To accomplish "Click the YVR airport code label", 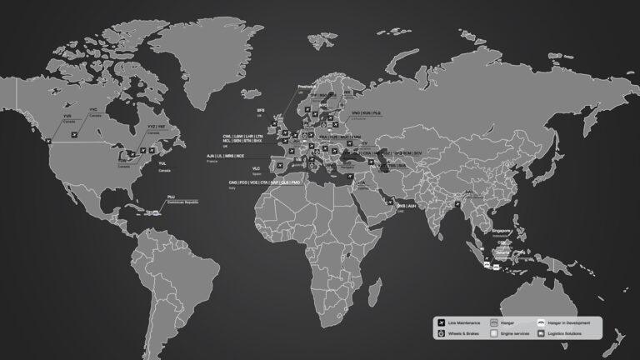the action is (67, 117).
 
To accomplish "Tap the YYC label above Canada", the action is (93, 109).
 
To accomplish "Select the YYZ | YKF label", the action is (157, 127).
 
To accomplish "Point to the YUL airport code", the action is (162, 163).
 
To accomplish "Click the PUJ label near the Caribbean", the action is (172, 197).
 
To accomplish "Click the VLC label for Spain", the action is (244, 168).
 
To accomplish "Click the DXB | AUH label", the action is (406, 205).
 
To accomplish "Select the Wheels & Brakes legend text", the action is (463, 333).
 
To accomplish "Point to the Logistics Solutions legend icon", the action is (542, 333).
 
